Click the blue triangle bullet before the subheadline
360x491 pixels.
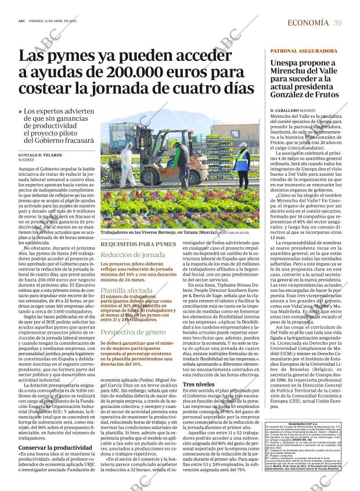tap(21, 111)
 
